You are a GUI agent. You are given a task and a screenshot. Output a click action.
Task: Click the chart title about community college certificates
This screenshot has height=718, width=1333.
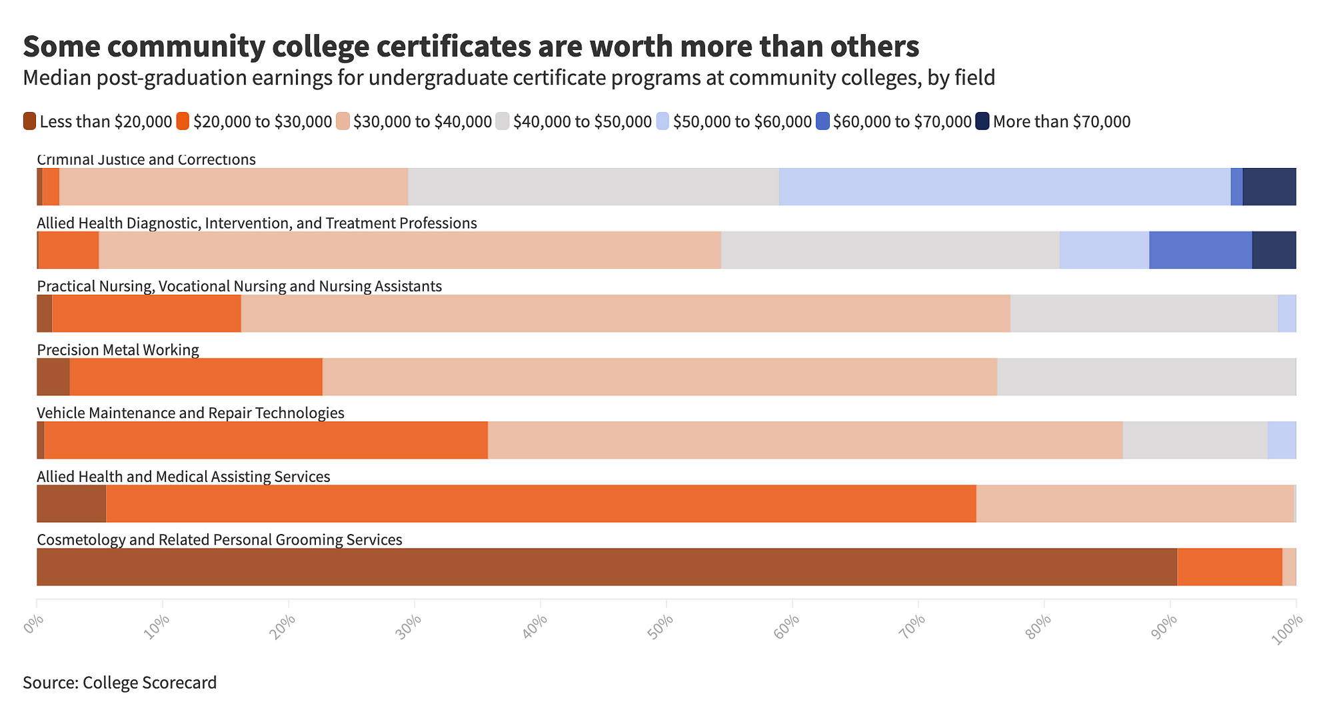point(471,47)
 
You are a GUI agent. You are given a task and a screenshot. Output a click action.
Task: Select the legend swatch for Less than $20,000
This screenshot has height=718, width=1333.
point(29,121)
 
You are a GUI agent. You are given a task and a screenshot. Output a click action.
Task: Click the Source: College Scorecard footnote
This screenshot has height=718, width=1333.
point(120,683)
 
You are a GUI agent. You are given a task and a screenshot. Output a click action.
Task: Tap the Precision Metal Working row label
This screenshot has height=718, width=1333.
point(118,349)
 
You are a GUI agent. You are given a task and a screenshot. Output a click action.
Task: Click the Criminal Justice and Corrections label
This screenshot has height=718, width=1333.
point(146,160)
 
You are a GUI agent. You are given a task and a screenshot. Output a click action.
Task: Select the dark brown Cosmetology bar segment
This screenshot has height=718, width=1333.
point(607,567)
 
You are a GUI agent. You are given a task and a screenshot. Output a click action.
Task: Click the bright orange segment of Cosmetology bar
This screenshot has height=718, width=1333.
point(1229,567)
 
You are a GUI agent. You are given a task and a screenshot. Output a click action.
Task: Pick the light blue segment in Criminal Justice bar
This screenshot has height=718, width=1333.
point(1004,187)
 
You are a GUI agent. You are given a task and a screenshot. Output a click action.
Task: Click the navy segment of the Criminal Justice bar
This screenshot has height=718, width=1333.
point(1269,187)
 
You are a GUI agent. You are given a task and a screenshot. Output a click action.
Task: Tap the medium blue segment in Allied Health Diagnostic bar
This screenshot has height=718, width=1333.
point(1200,250)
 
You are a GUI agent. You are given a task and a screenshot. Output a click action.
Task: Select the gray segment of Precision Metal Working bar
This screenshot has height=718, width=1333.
point(1146,377)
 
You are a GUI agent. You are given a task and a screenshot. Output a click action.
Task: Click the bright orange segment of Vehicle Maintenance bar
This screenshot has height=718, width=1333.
point(266,440)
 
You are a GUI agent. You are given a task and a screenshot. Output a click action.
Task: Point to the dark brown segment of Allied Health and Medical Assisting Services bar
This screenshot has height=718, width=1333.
point(71,503)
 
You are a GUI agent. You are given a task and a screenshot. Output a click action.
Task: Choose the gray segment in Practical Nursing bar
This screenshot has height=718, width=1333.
point(1144,313)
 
